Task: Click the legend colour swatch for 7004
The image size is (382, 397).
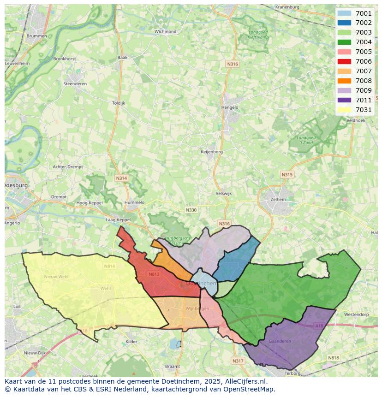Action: coord(344,42)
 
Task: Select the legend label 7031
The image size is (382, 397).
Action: coord(364,110)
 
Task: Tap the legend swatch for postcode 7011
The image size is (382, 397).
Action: coord(344,100)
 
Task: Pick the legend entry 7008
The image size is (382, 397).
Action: coord(364,81)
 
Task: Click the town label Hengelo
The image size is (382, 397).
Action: coord(230,107)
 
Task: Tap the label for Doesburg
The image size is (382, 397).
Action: coord(16,185)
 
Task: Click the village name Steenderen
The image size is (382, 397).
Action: coord(75,84)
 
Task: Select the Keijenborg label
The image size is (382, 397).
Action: coord(212,152)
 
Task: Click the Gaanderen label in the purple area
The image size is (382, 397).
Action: coord(280,341)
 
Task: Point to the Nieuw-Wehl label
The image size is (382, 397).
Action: coord(56,277)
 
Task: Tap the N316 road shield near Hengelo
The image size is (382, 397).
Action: coord(233,64)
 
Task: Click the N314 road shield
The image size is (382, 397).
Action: coord(121,178)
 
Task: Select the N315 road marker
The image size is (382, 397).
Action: coord(287,175)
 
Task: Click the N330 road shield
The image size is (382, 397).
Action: coord(191,210)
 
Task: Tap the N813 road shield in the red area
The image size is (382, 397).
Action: coord(154,274)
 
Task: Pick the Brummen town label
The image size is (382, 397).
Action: coord(36,36)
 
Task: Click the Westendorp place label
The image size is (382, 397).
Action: coord(357,314)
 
